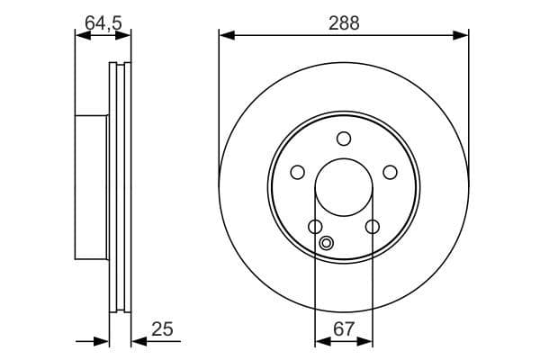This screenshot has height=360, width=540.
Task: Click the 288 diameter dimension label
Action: coord(344,23)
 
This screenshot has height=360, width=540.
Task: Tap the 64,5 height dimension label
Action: coord(103,23)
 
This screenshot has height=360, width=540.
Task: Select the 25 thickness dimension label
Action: coord(162,328)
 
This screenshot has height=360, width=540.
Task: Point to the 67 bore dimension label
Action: coord(344,328)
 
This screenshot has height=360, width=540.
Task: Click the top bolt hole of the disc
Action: coord(344,139)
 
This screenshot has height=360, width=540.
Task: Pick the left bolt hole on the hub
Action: coord(298,172)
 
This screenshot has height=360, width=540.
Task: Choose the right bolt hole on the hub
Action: coord(391,172)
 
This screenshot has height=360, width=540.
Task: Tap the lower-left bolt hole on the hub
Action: coord(315,227)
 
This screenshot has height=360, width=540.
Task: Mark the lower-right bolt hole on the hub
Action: coord(373,227)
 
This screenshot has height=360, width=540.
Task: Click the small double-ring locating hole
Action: coord(326,243)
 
